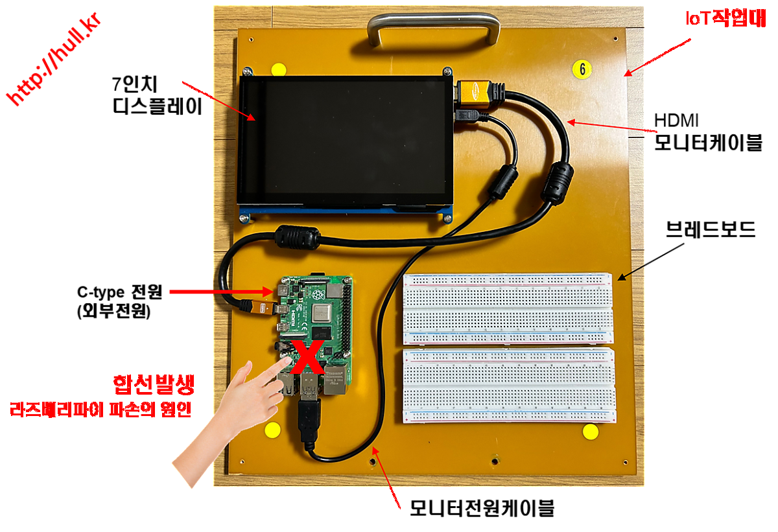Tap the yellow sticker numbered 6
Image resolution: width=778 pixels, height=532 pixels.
click(x=582, y=68)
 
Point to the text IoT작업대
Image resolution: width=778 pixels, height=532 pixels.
click(x=725, y=19)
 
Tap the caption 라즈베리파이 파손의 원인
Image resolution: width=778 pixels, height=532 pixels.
click(x=100, y=410)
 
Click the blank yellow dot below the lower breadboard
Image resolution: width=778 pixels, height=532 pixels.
click(x=589, y=432)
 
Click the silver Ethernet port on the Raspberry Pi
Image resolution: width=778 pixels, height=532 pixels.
click(x=335, y=381)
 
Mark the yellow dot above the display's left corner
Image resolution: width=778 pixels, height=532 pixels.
click(x=279, y=69)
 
